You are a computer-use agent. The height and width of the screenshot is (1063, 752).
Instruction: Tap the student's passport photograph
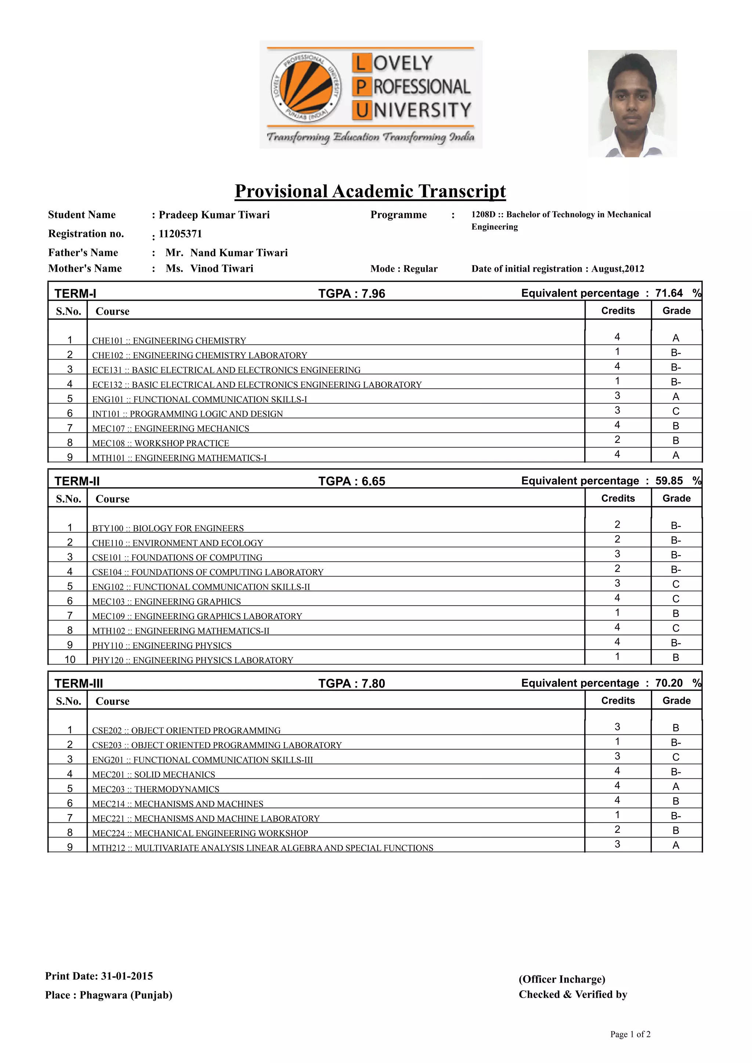point(632,103)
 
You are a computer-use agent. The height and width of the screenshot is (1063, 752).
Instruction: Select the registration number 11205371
point(180,234)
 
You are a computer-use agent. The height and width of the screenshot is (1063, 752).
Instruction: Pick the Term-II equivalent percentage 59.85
point(669,481)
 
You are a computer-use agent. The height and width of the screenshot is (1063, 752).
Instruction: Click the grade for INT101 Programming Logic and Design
point(676,411)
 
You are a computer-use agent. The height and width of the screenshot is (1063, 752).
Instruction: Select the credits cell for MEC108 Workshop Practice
point(617,440)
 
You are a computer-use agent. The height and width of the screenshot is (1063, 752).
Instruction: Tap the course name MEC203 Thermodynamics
point(156,789)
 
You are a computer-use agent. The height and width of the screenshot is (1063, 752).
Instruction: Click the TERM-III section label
point(79,683)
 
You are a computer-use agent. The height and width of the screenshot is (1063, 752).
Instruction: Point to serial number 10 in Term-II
point(70,659)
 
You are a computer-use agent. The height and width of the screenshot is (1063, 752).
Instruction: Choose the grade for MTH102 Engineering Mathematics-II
point(676,628)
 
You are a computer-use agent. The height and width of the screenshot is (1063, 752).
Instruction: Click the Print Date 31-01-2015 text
point(99,976)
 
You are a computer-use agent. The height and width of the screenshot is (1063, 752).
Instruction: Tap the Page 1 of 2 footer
point(630,1034)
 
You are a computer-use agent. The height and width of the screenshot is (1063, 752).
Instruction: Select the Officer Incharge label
point(562,979)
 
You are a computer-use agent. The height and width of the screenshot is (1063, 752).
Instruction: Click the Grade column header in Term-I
point(676,311)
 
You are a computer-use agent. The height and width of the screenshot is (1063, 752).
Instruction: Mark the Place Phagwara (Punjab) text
point(108,995)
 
